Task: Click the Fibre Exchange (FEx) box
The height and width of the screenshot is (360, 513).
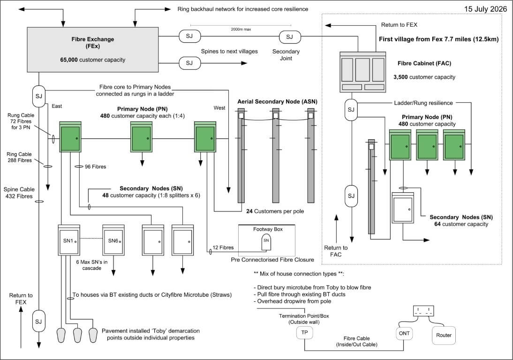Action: click(92, 50)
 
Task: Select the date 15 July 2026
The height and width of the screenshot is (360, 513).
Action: click(485, 9)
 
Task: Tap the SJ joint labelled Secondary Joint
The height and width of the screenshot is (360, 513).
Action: click(289, 37)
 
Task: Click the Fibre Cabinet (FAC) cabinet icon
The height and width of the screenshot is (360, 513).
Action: click(362, 72)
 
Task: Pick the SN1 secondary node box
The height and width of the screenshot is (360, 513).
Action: click(69, 240)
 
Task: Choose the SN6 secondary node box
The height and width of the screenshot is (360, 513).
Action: click(113, 240)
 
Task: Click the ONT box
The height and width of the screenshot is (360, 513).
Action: click(404, 333)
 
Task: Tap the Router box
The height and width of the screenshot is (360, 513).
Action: click(444, 335)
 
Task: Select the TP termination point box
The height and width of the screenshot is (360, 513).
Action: click(305, 332)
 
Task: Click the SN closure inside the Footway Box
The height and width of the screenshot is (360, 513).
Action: click(266, 242)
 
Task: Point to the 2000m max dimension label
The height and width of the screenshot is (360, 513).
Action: click(241, 29)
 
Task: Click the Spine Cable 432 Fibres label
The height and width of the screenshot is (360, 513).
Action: click(18, 193)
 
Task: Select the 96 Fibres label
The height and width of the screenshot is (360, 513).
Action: click(95, 167)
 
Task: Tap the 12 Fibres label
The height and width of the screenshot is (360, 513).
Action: click(223, 247)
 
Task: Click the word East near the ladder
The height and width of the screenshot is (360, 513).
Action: click(57, 106)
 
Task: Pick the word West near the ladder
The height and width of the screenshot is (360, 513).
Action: click(219, 108)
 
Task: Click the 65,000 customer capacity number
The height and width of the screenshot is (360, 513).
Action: click(69, 60)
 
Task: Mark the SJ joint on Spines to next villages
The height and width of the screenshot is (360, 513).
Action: click(189, 63)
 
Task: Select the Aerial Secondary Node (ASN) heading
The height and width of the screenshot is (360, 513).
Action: click(277, 102)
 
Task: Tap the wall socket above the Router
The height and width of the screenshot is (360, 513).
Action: click(423, 311)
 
